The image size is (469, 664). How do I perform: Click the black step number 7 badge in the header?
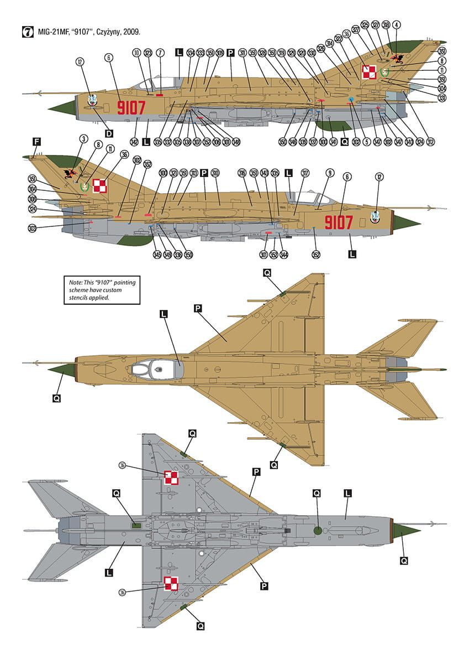(26, 32)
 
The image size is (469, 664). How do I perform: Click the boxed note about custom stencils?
(101, 290)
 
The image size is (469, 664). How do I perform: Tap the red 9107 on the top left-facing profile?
(131, 107)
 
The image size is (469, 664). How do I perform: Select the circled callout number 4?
(397, 25)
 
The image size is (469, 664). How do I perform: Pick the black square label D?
(109, 134)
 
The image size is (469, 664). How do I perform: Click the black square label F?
(37, 142)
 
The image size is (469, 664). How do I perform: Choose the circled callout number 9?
(329, 173)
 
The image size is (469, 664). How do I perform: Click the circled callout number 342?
(134, 142)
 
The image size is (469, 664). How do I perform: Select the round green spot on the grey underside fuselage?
(318, 530)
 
